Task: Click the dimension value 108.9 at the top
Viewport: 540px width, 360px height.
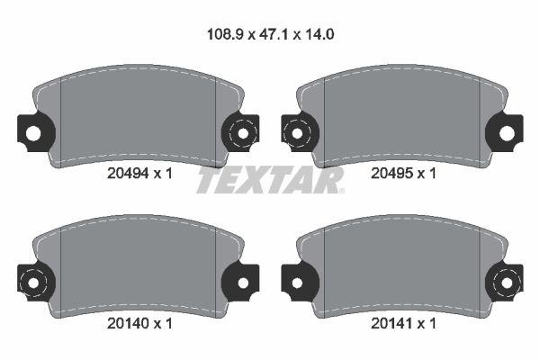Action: [225, 34]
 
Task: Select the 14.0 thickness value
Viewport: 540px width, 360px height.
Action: [319, 34]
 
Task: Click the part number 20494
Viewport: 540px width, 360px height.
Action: [128, 174]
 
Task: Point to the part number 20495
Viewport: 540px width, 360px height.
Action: [391, 174]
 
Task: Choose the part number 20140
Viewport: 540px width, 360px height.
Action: [128, 323]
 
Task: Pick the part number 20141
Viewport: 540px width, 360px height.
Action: [391, 323]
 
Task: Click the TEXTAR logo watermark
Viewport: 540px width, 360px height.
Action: [270, 180]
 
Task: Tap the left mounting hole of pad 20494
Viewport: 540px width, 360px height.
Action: [33, 133]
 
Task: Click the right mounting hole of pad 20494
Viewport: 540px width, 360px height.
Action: [243, 133]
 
